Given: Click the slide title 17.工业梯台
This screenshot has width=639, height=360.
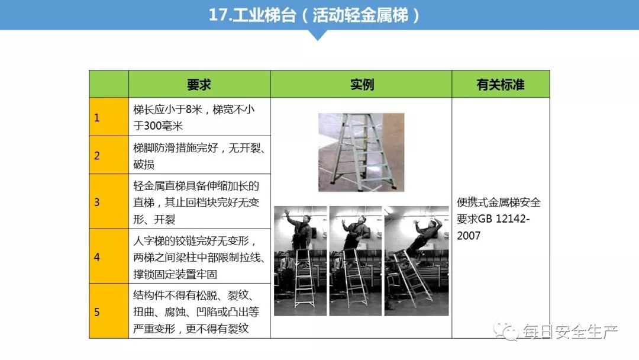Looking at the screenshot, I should tap(314, 15).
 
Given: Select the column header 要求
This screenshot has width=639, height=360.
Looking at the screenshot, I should tap(199, 85).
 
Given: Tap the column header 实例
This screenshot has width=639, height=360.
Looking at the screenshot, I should tap(362, 85).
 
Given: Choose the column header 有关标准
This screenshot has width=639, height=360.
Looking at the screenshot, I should tap(501, 85).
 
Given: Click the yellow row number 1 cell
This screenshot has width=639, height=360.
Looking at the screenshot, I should tap(109, 117).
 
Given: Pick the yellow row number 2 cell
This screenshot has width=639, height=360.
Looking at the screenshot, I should tap(109, 155).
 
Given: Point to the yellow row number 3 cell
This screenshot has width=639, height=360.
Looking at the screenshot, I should tap(109, 201).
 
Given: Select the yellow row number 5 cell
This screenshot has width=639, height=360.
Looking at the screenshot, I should tap(109, 311).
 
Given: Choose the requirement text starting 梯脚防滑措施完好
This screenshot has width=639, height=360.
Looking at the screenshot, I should tap(199, 156).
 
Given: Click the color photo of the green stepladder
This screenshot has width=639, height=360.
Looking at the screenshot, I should tap(361, 152).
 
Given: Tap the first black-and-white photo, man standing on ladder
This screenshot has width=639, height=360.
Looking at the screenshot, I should tap(300, 261).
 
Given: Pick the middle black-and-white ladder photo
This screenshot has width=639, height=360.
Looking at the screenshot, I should tap(355, 261).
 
